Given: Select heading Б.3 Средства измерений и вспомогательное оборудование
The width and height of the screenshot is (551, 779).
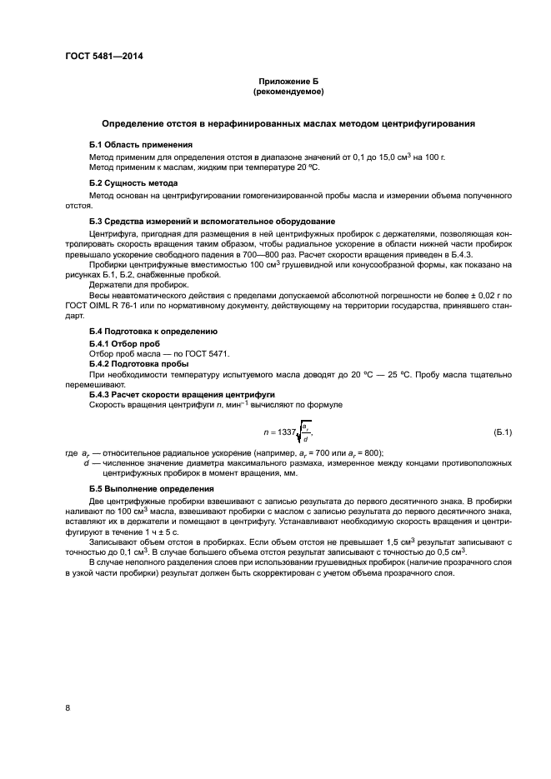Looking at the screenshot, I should pyautogui.click(x=212, y=221).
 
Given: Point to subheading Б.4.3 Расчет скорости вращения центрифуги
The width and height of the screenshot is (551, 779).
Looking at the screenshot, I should pyautogui.click(x=182, y=394).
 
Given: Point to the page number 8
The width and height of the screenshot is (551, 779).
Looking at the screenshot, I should pyautogui.click(x=67, y=708).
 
